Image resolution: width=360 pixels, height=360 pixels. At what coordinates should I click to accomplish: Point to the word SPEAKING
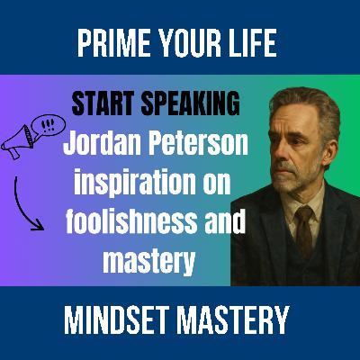click(x=191, y=103)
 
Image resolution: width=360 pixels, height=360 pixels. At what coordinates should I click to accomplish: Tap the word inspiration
click(x=134, y=183)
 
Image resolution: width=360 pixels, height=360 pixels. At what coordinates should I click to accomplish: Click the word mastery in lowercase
click(x=149, y=262)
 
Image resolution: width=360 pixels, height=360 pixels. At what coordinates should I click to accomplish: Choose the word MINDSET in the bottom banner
click(x=116, y=320)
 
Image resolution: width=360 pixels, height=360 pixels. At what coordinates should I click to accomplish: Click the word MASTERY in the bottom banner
click(x=233, y=320)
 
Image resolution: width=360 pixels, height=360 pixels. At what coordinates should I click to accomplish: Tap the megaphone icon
click(x=18, y=142)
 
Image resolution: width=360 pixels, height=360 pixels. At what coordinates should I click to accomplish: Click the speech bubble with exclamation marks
click(x=48, y=125)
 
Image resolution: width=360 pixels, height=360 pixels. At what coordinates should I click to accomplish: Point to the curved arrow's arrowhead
click(x=39, y=225)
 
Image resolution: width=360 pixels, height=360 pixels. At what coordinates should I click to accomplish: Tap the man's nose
click(x=281, y=151)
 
